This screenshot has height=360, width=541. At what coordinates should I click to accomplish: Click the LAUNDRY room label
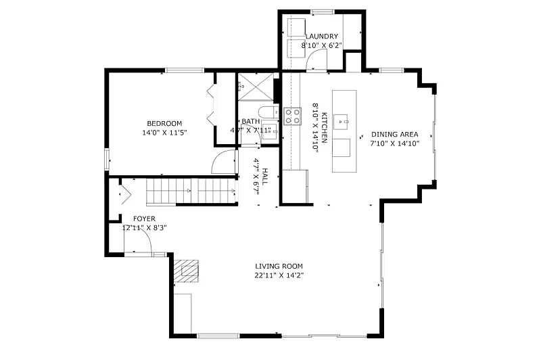pyautogui.click(x=322, y=37)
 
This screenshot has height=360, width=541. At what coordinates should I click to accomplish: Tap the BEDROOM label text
pyautogui.click(x=164, y=123)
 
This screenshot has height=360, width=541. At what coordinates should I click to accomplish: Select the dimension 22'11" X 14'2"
pyautogui.click(x=279, y=275)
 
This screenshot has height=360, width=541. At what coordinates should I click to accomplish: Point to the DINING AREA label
pyautogui.click(x=395, y=134)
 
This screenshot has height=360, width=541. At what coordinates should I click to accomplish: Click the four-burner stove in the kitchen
pyautogui.click(x=292, y=116)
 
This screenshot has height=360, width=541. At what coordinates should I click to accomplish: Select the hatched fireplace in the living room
pyautogui.click(x=187, y=271)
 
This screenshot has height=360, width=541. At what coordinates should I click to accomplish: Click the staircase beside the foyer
pyautogui.click(x=191, y=191)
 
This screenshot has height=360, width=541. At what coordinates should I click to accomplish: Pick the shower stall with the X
pyautogui.click(x=256, y=87)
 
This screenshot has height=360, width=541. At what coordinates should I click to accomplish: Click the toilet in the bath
pyautogui.click(x=267, y=112)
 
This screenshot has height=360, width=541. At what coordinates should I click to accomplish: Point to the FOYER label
pyautogui.click(x=144, y=219)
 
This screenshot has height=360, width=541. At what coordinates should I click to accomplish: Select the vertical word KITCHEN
pyautogui.click(x=325, y=127)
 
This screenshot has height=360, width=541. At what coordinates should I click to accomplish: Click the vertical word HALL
pyautogui.click(x=264, y=176)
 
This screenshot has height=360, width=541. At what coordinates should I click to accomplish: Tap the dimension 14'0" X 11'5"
pyautogui.click(x=164, y=133)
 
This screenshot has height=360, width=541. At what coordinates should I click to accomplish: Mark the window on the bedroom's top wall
pyautogui.click(x=185, y=70)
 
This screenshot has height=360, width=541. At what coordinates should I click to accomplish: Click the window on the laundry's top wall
pyautogui.click(x=322, y=12)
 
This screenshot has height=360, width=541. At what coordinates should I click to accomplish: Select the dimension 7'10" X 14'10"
pyautogui.click(x=395, y=143)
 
